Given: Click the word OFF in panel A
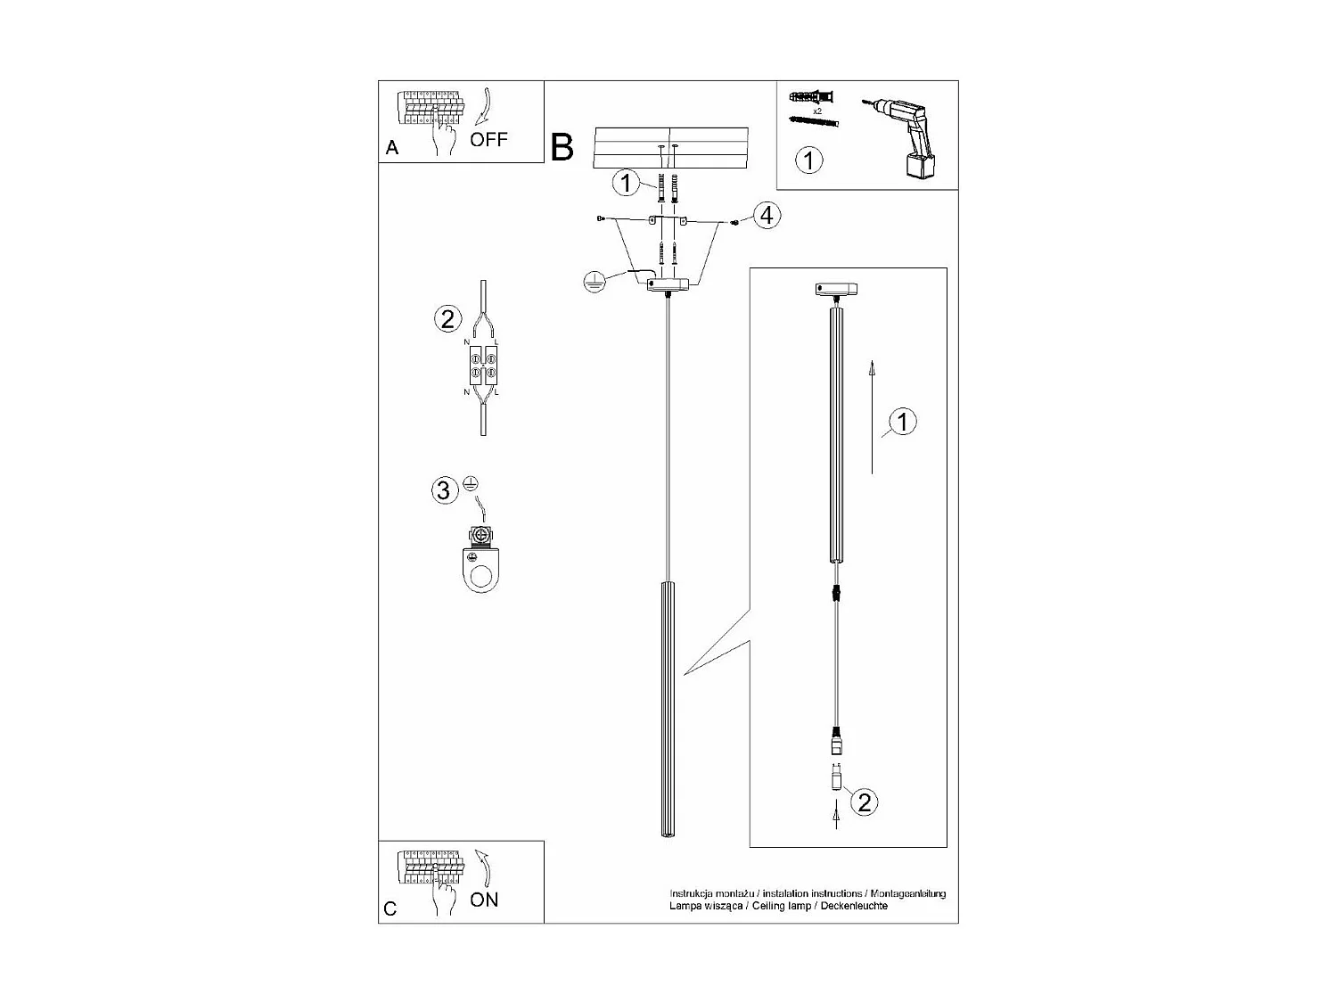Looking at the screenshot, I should [488, 139].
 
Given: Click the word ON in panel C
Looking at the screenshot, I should [484, 900].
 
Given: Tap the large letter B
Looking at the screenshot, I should [562, 147].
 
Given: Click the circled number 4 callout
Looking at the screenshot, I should [766, 215].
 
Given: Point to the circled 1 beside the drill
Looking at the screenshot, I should [808, 160].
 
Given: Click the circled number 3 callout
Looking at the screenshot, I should [444, 489].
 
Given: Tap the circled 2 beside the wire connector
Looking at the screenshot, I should [447, 318].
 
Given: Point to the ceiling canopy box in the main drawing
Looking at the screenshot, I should [667, 285].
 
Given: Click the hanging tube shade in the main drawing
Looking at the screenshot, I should [668, 709].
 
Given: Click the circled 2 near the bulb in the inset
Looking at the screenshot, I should [863, 802].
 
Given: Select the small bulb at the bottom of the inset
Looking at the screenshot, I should [836, 777].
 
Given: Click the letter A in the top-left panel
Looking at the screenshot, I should [392, 149].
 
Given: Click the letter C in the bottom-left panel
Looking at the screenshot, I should [390, 908].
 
